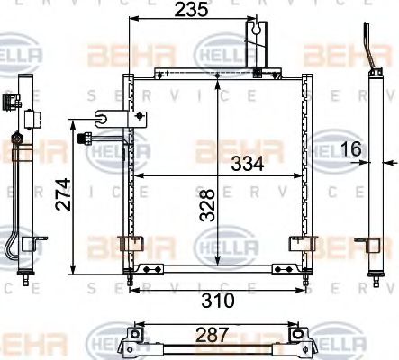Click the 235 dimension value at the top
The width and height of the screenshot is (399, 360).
point(191,11)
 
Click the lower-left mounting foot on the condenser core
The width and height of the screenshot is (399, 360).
point(140,241)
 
